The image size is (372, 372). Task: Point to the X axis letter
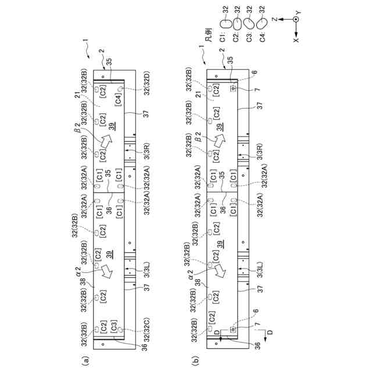tap(297, 41)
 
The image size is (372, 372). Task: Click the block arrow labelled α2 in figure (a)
tap(106, 270)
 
